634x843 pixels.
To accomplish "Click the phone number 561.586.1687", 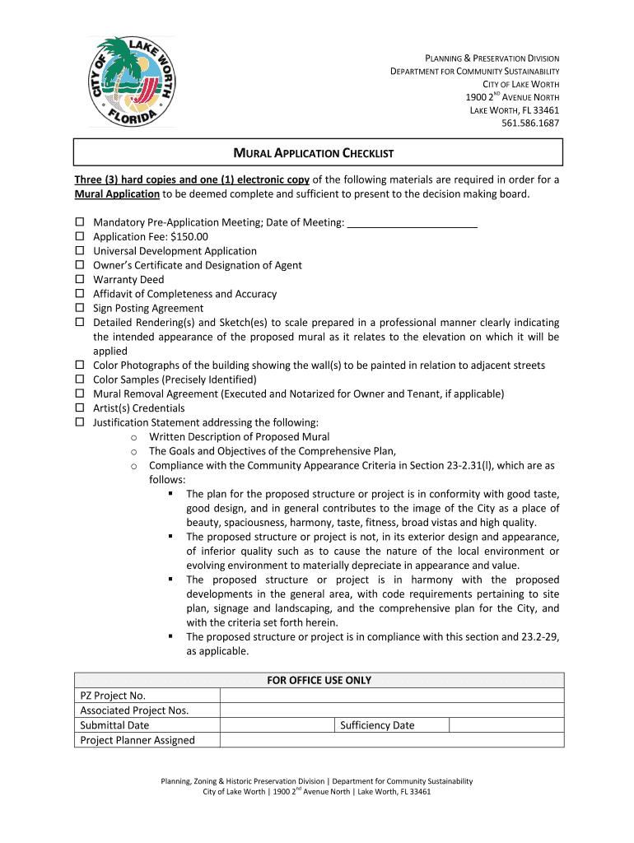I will [530, 123].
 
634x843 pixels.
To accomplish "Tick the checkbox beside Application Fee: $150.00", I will [81, 237].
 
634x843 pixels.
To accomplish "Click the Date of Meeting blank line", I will [413, 222].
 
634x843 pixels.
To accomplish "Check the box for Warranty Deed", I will [81, 280].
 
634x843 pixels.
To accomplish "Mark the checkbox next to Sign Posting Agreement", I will [81, 309].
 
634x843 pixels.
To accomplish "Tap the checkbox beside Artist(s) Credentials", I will [81, 408].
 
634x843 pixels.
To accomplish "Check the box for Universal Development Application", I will [81, 251].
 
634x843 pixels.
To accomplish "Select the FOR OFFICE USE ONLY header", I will [319, 680].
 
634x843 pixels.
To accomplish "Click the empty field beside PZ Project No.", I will [391, 696].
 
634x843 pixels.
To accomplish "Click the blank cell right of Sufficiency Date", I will [506, 725].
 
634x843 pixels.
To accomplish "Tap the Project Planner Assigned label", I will [138, 740].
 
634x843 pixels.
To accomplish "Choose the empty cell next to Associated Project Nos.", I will [391, 710].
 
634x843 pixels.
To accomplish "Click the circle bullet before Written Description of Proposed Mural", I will [133, 437].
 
